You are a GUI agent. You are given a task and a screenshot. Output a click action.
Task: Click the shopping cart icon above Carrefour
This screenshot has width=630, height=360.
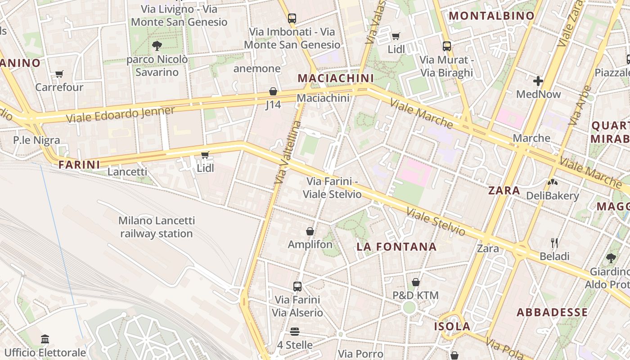(59, 74)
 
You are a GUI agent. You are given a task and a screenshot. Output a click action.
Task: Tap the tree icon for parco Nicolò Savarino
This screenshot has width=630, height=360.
(157, 45)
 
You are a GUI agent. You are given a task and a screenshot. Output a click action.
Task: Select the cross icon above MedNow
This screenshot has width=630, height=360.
(538, 81)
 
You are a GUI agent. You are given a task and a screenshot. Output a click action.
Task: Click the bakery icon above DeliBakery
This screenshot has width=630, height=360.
(552, 182)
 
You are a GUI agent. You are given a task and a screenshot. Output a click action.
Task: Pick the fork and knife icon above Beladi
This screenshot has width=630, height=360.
(554, 243)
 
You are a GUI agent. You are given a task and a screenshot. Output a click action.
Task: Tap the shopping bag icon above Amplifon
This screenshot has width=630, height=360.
(310, 231)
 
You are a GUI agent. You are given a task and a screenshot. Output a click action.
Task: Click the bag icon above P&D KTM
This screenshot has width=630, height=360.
(416, 282)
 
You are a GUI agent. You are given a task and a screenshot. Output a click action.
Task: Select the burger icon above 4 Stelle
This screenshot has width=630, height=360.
(295, 332)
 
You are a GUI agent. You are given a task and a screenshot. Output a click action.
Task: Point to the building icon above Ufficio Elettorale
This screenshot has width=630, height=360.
(45, 339)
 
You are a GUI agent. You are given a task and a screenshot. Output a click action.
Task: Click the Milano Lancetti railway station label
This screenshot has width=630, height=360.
(157, 227)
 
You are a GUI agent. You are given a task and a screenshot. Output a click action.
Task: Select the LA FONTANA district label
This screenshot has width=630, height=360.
(396, 247)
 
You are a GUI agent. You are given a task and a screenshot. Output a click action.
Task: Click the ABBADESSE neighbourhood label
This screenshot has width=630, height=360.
(552, 312)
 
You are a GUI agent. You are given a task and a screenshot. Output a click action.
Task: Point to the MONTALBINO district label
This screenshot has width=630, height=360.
(492, 16)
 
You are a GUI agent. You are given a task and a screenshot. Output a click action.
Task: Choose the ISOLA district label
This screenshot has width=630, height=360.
(452, 326)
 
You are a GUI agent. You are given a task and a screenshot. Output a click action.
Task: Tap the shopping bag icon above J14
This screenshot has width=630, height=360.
(273, 91)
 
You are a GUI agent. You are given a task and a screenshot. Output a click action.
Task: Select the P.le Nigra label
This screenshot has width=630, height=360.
(36, 140)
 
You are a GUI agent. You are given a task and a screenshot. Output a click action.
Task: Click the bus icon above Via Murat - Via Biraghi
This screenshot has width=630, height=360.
(446, 46)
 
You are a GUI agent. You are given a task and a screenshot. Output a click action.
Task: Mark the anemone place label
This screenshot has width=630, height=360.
(257, 68)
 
